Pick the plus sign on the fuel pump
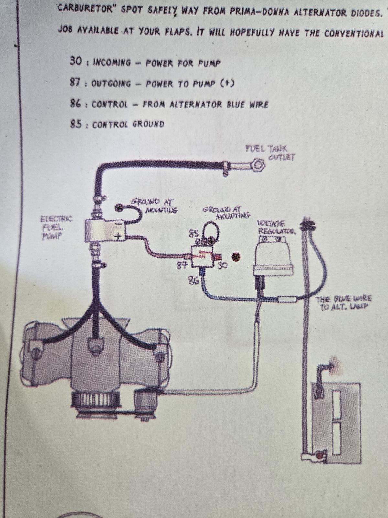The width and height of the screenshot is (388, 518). coord(119,237)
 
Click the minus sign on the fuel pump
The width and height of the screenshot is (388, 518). coord(119,223)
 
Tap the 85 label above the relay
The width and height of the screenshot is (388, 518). coord(193,233)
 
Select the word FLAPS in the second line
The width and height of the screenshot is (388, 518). coord(179,31)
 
